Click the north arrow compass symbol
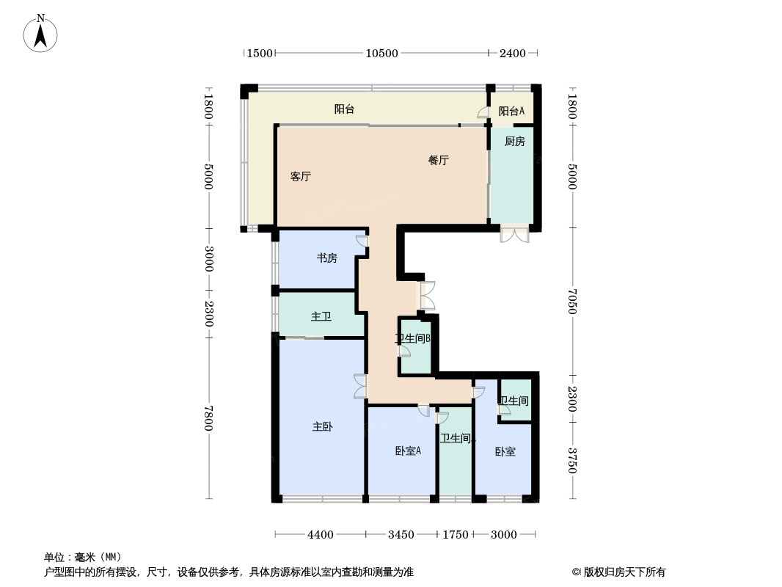click(41, 33)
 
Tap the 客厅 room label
click(301, 176)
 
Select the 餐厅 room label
click(439, 160)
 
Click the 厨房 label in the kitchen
click(515, 142)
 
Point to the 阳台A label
click(511, 111)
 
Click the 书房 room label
click(326, 258)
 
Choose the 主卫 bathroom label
click(321, 316)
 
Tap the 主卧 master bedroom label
click(323, 426)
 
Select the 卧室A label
click(408, 451)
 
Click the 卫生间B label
click(412, 339)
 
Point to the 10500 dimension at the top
click(381, 53)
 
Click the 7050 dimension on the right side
click(572, 301)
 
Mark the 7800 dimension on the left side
click(209, 418)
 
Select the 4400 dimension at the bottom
click(321, 534)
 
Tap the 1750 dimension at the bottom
click(455, 534)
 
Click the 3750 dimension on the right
click(572, 461)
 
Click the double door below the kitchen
click(515, 234)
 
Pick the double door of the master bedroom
click(360, 387)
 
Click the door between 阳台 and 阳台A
click(483, 112)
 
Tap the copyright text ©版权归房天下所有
click(619, 572)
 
